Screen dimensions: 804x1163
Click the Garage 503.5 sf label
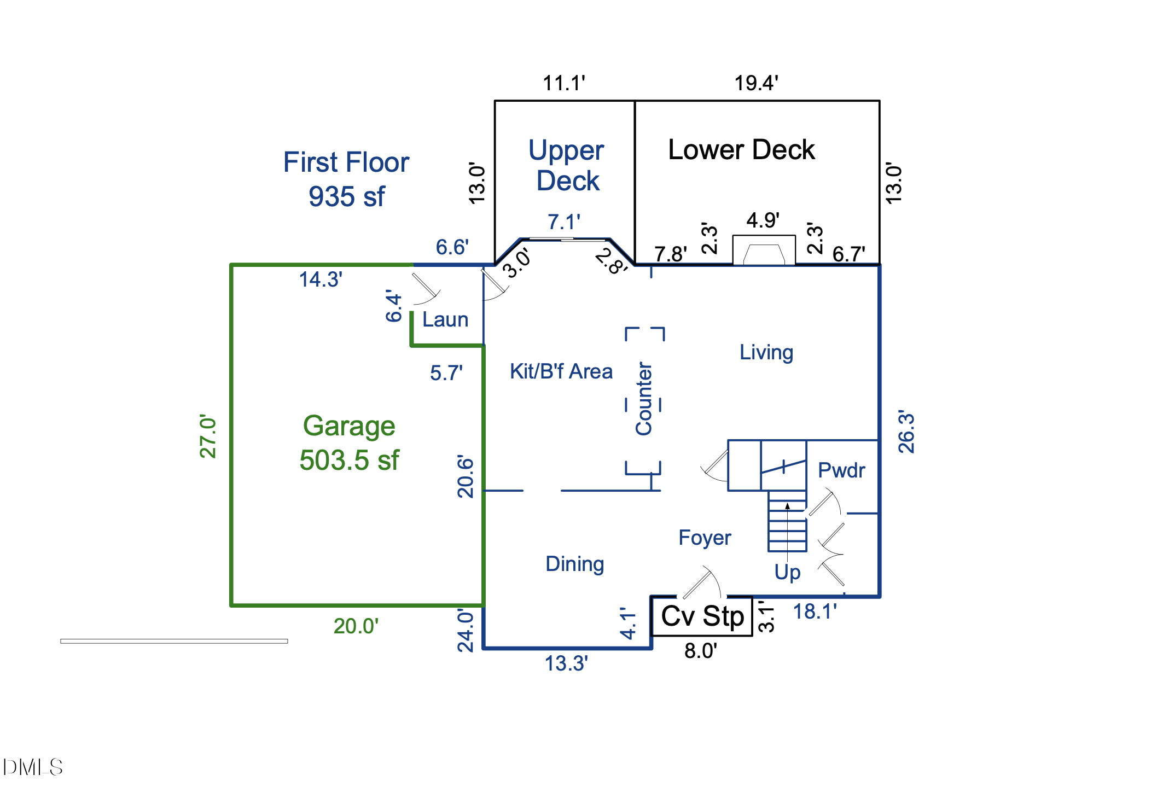coord(349,443)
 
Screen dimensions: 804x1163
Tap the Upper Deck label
coord(567,165)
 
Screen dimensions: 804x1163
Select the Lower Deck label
coord(741,150)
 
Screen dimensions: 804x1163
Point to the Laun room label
coord(445,319)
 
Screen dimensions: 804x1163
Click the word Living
coord(766,353)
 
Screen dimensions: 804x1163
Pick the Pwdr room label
coord(841,470)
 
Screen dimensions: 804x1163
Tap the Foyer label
coord(705,538)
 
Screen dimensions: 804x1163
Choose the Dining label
coord(574,564)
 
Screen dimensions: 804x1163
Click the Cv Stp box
coord(702,616)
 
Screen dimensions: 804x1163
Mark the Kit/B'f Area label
coord(561,371)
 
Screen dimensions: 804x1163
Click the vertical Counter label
coord(644,399)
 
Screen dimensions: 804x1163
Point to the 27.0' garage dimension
coord(208,436)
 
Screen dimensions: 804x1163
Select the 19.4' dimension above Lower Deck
coord(756,83)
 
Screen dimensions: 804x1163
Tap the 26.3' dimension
coord(906,432)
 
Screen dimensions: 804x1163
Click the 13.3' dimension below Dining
coord(566,663)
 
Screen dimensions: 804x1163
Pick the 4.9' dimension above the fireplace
coord(763,220)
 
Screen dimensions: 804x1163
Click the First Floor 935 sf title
coord(346,179)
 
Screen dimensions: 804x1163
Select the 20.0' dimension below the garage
coord(356,626)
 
